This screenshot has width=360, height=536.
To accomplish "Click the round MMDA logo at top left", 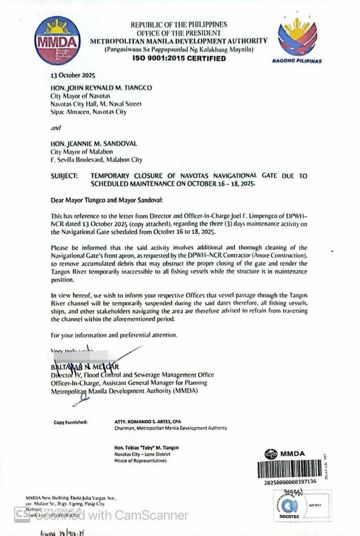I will (x=57, y=41).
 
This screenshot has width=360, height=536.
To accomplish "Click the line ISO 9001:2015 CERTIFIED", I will (x=179, y=58).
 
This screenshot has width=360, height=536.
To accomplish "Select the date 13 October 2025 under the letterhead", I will (x=73, y=75).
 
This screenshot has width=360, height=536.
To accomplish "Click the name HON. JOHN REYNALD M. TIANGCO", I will (x=101, y=88).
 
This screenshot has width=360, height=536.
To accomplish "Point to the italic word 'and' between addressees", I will (x=55, y=128).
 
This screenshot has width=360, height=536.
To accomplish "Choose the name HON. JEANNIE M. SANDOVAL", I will (x=94, y=144).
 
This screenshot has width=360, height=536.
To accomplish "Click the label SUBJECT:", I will (x=64, y=176).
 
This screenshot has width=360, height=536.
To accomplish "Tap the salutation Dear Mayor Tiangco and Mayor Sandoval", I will (x=106, y=200).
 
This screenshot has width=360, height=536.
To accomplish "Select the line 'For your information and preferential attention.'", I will (x=114, y=335).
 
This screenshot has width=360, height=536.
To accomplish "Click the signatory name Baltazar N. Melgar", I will (x=85, y=367).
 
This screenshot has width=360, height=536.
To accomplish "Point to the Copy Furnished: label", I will (x=70, y=422).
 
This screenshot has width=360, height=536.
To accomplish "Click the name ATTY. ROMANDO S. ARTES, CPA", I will (x=148, y=422).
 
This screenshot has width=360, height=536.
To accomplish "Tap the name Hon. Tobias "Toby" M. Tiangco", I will (x=146, y=448).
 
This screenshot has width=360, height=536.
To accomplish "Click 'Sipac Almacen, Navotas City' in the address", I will (x=88, y=112).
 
